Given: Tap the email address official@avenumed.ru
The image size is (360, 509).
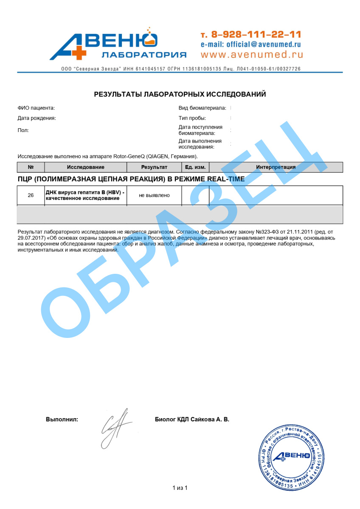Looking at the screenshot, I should pyautogui.click(x=251, y=44).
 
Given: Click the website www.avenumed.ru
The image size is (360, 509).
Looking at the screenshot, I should pyautogui.click(x=252, y=54).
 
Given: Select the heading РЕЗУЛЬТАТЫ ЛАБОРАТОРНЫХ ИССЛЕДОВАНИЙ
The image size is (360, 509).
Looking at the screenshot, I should pyautogui.click(x=180, y=94).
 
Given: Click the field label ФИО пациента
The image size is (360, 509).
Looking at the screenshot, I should pyautogui.click(x=36, y=108).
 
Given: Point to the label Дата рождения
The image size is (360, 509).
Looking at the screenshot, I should pyautogui.click(x=37, y=118).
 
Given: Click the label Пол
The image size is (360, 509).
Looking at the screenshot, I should pyautogui.click(x=23, y=130).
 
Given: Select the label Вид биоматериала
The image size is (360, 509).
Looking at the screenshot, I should pyautogui.click(x=202, y=108).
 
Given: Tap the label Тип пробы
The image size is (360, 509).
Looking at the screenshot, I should pyautogui.click(x=192, y=118).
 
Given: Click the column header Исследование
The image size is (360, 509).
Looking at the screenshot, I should pyautogui.click(x=85, y=167).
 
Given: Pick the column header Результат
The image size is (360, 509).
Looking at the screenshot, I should pyautogui.click(x=154, y=167).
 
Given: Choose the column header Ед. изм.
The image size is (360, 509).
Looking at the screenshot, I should pyautogui.click(x=195, y=167).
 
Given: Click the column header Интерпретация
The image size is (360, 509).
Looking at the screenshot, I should pyautogui.click(x=276, y=167).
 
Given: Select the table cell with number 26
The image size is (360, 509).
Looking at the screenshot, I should pyautogui.click(x=31, y=195).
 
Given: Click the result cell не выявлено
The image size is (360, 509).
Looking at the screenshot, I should pyautogui.click(x=154, y=195).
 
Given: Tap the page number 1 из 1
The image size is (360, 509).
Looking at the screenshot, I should pyautogui.click(x=180, y=488).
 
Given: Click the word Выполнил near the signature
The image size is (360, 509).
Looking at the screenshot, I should pyautogui.click(x=62, y=419).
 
